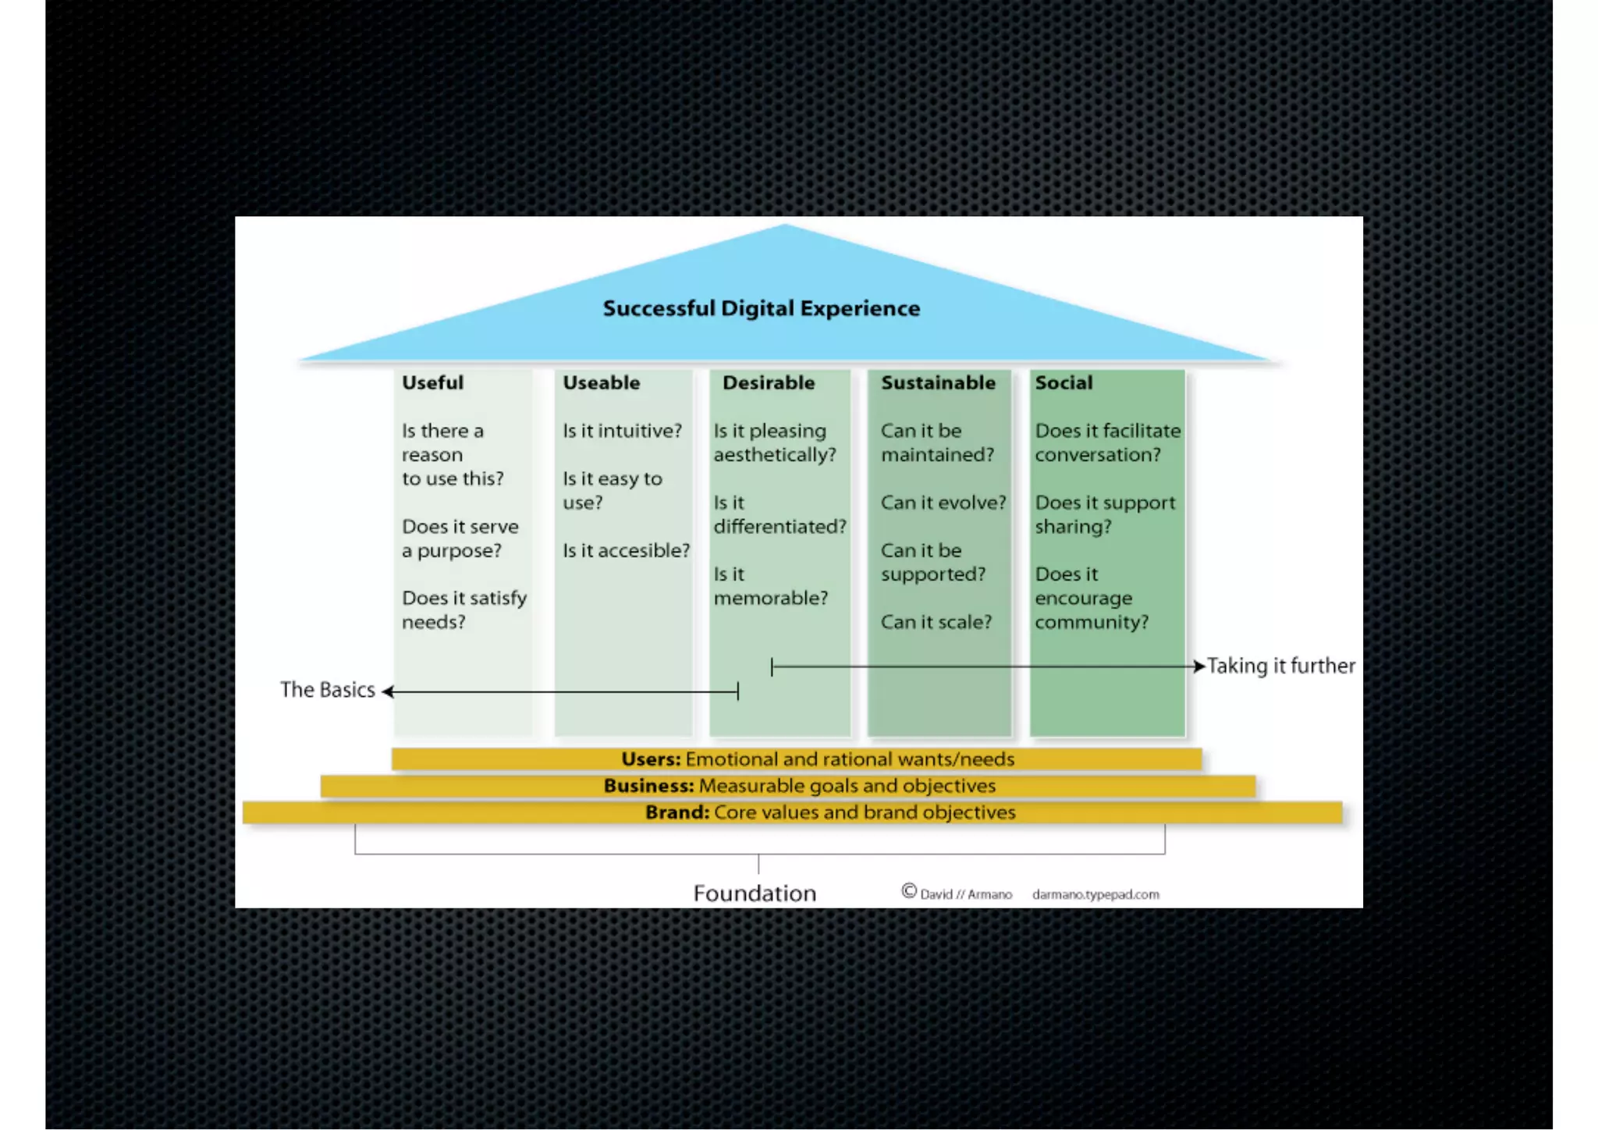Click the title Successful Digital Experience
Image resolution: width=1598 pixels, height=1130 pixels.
[761, 308]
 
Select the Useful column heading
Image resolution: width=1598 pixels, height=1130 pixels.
[432, 382]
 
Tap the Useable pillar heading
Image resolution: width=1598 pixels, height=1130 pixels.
[601, 382]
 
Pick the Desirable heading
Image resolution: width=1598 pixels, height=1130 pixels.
[768, 382]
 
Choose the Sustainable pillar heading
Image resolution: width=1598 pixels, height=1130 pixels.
[938, 382]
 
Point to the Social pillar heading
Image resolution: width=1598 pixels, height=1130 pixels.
[1064, 382]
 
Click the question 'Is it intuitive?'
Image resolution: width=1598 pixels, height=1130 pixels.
[622, 431]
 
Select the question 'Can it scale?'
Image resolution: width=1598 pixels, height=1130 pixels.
[936, 622]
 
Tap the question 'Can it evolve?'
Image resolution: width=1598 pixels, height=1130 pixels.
[943, 503]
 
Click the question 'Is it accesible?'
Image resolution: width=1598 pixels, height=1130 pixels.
[626, 550]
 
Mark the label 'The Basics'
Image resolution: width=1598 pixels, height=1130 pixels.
[328, 690]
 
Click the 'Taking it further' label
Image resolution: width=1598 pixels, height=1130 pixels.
[1280, 666]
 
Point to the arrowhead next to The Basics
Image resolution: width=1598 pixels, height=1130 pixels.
[388, 691]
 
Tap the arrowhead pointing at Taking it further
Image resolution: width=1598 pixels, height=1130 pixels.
[1199, 666]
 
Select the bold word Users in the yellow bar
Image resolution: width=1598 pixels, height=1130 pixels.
[651, 759]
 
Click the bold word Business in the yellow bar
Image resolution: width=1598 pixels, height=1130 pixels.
[648, 786]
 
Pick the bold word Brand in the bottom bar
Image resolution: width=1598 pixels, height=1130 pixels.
[676, 812]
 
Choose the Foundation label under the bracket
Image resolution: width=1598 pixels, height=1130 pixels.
[755, 893]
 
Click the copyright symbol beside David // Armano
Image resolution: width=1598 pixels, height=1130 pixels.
[909, 891]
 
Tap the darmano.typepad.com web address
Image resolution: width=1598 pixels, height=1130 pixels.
[1096, 894]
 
